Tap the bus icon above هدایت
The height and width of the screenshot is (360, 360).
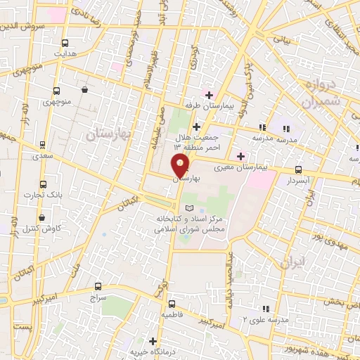pyautogui.click(x=65, y=41)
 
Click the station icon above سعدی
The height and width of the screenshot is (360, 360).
pyautogui.click(x=43, y=144)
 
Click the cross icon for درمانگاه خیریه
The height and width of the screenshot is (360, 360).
pyautogui.click(x=153, y=340)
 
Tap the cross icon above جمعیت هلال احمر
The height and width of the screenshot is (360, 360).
pyautogui.click(x=196, y=126)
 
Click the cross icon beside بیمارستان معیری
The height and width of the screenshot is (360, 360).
pyautogui.click(x=241, y=156)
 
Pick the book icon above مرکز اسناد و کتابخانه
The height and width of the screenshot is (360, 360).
pyautogui.click(x=188, y=208)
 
